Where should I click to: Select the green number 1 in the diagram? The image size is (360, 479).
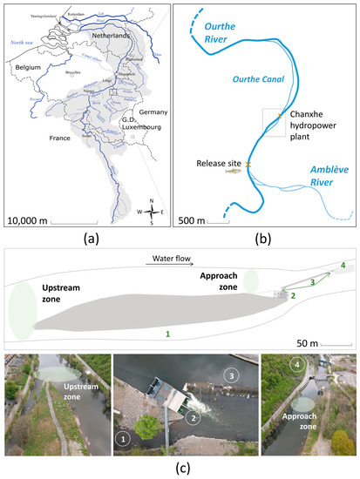point(167,333)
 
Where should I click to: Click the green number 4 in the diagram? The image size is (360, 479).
point(343,264)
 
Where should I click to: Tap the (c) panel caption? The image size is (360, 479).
point(180,469)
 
